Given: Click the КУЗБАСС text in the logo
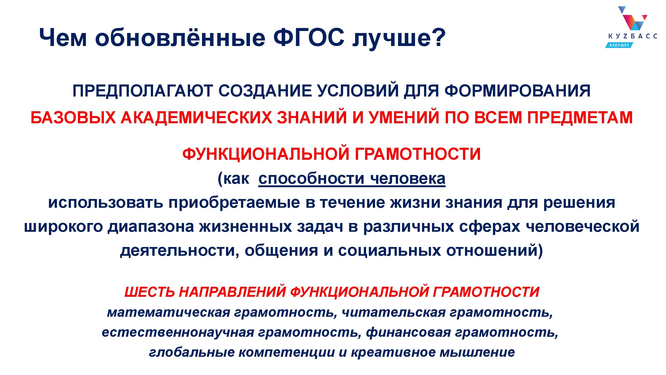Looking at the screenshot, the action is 632,36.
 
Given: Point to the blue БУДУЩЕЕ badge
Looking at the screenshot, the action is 619,45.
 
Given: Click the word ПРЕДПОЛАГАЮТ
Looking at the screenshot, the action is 142,91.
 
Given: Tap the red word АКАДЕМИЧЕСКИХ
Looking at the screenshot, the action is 196,117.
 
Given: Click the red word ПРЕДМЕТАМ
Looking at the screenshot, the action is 580,117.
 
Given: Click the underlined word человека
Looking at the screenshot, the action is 408,179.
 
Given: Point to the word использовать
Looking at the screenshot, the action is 105,203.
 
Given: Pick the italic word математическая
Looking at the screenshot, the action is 169,312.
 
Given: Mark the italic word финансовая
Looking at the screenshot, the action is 409,332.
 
